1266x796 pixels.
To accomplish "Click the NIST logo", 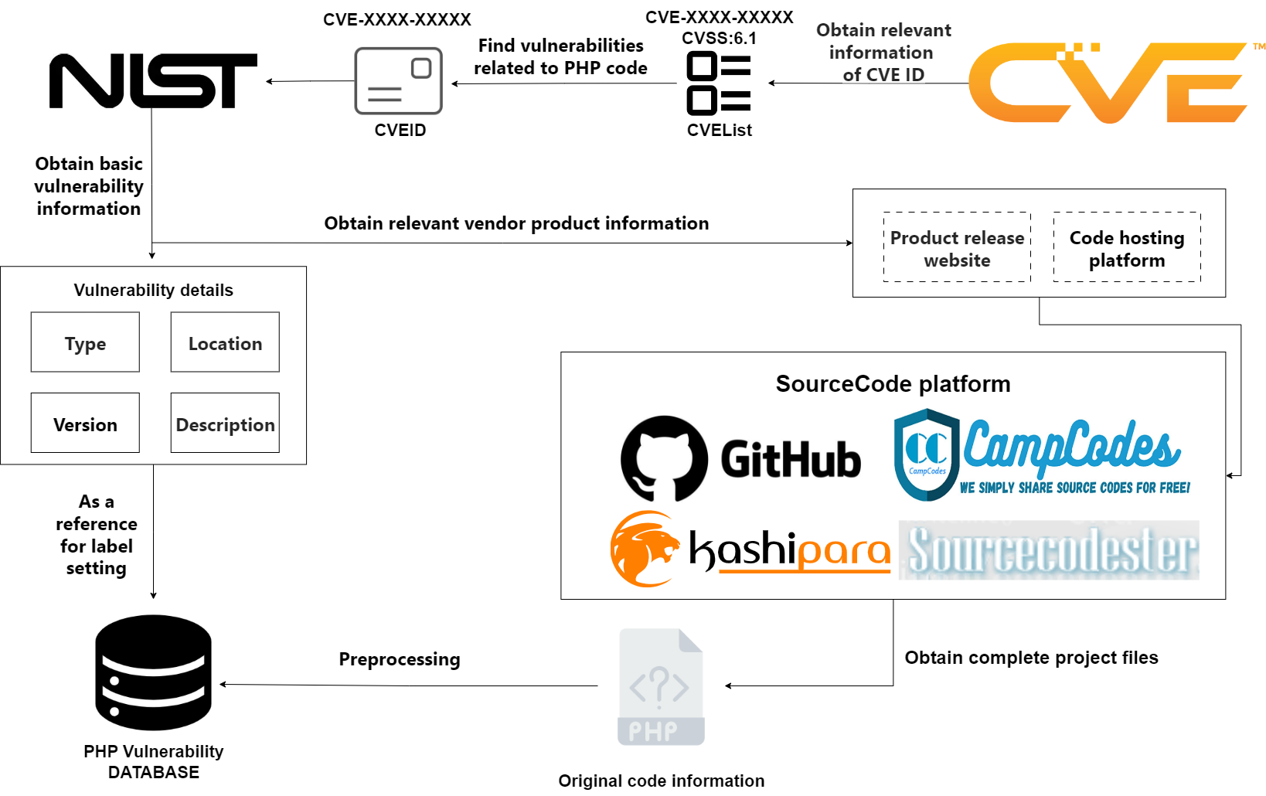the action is coord(153,80).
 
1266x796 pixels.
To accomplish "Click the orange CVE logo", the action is coord(1108,83).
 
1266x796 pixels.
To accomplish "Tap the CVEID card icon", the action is coord(399,81).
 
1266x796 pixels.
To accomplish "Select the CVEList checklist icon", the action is coord(719,83).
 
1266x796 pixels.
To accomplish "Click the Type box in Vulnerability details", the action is coord(85,342).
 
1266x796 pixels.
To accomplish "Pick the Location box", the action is coord(225,342).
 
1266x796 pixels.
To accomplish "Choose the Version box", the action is coord(85,423).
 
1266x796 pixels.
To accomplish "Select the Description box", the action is coord(225,423).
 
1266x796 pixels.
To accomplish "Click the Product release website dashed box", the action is coord(957,247).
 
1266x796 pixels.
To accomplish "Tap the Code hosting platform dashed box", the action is coord(1127,247).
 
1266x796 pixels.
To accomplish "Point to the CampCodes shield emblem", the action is coord(927,454).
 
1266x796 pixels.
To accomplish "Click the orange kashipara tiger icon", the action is coord(645,549).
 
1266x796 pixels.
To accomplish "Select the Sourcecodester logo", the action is coord(1049,550).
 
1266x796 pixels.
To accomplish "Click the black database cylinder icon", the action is coord(153,672).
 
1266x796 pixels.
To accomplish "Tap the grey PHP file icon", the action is coord(661,687).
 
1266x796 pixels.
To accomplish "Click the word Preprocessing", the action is coord(400,659).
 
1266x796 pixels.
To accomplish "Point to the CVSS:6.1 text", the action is coord(719,38).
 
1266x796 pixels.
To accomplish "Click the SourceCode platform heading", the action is coord(893,384).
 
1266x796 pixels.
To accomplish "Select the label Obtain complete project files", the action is coord(1032,658).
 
